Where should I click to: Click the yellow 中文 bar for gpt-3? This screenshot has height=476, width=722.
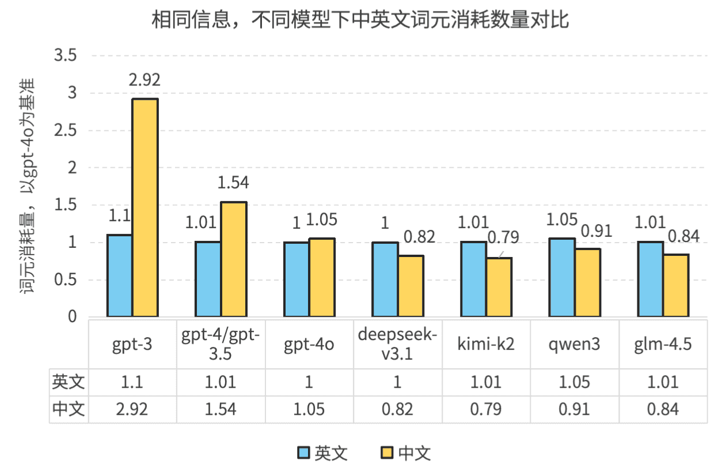pyautogui.click(x=145, y=207)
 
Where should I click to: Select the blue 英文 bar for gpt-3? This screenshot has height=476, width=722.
pyautogui.click(x=120, y=275)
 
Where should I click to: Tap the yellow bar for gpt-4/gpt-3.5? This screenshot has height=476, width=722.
pyautogui.click(x=233, y=259)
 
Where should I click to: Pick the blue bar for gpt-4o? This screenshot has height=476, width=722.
pyautogui.click(x=297, y=279)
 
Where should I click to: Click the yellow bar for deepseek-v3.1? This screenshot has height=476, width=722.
pyautogui.click(x=411, y=286)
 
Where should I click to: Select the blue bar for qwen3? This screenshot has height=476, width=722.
pyautogui.click(x=561, y=278)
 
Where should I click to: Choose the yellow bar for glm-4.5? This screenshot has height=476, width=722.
pyautogui.click(x=676, y=285)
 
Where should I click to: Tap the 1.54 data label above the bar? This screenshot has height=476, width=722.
pyautogui.click(x=233, y=183)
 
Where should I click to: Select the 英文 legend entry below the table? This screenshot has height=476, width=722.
pyautogui.click(x=322, y=453)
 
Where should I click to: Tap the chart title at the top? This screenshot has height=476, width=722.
pyautogui.click(x=360, y=21)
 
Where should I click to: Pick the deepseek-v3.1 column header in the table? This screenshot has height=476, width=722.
pyautogui.click(x=397, y=344)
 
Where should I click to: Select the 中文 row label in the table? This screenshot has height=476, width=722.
pyautogui.click(x=69, y=409)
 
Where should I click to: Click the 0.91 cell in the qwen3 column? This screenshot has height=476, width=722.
pyautogui.click(x=573, y=409)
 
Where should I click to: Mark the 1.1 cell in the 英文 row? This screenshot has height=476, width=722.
pyautogui.click(x=132, y=381)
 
